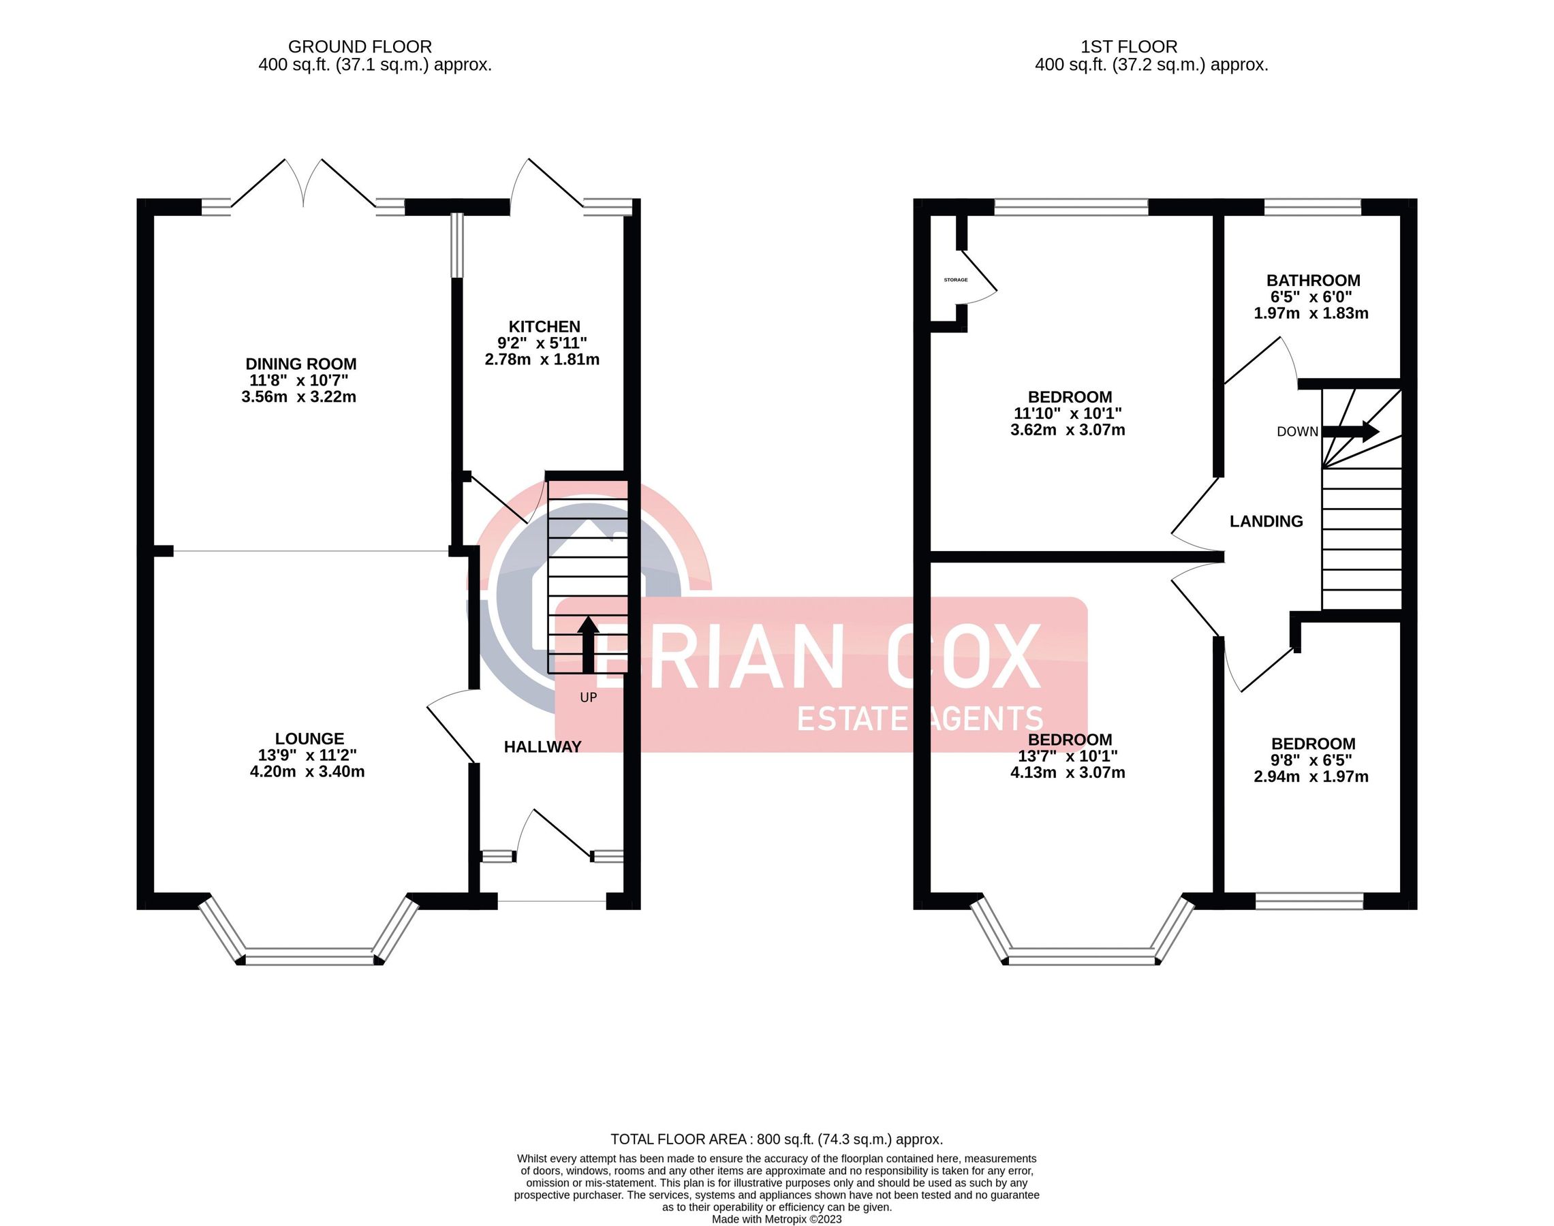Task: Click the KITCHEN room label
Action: point(544,327)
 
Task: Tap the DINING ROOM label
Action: point(300,364)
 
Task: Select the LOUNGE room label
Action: point(309,738)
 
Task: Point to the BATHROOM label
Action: point(1312,281)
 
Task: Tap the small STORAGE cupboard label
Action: point(954,280)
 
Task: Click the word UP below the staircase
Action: point(588,697)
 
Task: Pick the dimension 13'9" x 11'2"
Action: point(307,755)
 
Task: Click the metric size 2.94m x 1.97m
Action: point(1310,776)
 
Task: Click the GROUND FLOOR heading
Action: point(360,47)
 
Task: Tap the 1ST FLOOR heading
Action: point(1128,47)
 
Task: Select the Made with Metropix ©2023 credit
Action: point(776,1219)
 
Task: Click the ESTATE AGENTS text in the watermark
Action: point(920,719)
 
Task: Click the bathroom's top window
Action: point(1311,207)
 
